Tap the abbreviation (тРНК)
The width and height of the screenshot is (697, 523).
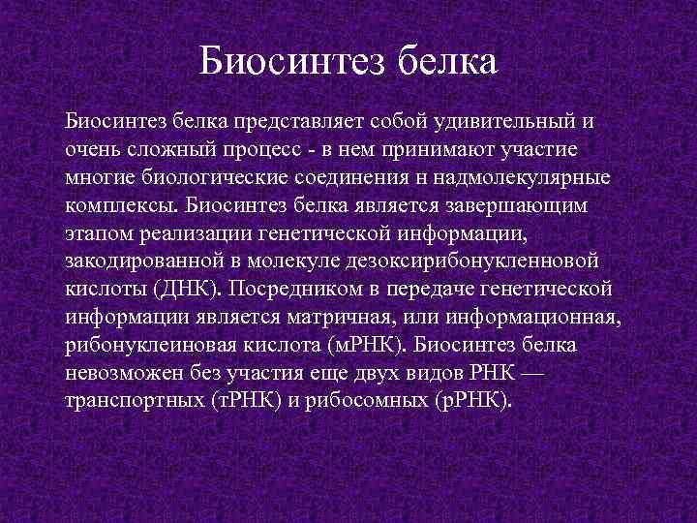pos(247,402)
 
